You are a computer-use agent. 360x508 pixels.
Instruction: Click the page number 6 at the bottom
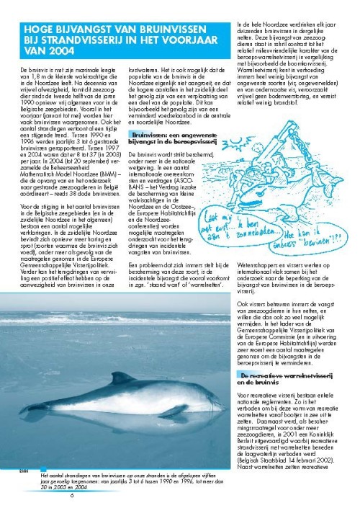click(72, 496)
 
